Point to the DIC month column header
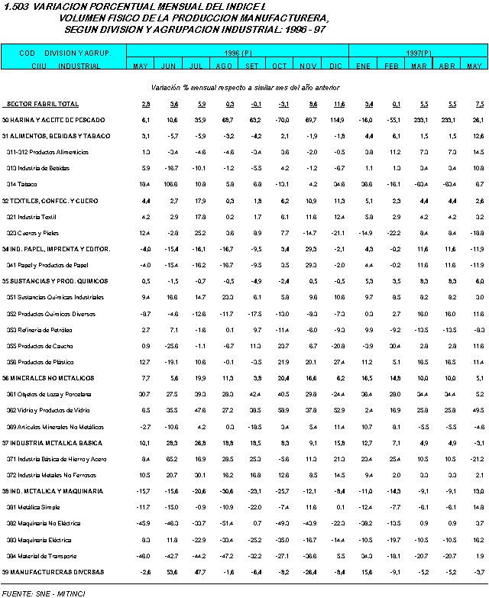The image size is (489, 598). [x=338, y=66]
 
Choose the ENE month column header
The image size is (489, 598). [x=364, y=66]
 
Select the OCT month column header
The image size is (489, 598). [x=280, y=66]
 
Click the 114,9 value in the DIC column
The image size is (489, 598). [x=338, y=120]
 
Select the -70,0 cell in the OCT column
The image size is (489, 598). [x=280, y=120]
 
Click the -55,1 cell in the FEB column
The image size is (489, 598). [x=393, y=120]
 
